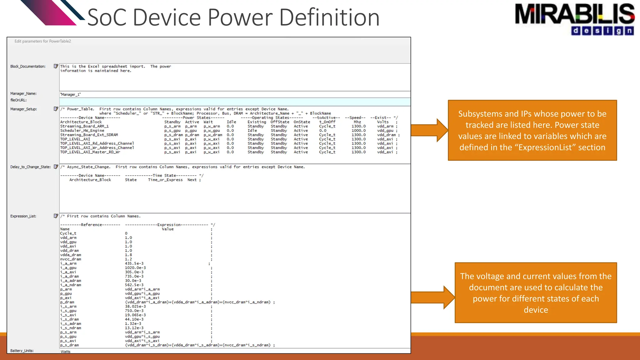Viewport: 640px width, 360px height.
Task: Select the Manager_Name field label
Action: tap(23, 93)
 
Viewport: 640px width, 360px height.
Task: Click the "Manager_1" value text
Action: tap(71, 94)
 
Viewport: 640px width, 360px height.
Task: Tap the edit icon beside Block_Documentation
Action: tap(56, 66)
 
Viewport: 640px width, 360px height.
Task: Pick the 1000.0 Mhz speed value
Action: tap(358, 131)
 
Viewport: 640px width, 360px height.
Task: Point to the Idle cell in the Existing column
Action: tap(252, 131)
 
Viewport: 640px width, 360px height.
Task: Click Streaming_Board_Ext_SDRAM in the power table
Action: tap(89, 135)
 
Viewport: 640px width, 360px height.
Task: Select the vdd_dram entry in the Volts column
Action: tap(386, 135)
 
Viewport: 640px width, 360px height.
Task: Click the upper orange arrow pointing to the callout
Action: tap(429, 130)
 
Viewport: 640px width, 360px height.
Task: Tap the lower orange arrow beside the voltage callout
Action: tap(432, 297)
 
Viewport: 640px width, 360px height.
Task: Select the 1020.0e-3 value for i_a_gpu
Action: tap(135, 268)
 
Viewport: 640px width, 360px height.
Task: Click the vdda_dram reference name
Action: tap(71, 255)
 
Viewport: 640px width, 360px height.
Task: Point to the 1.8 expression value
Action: tap(128, 255)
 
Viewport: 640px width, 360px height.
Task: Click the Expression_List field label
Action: tap(23, 216)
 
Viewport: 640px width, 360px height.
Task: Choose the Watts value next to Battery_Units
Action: tap(66, 352)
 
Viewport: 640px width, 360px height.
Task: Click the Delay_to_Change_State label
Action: tap(30, 167)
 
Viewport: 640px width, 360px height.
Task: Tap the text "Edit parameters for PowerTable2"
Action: tap(43, 41)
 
